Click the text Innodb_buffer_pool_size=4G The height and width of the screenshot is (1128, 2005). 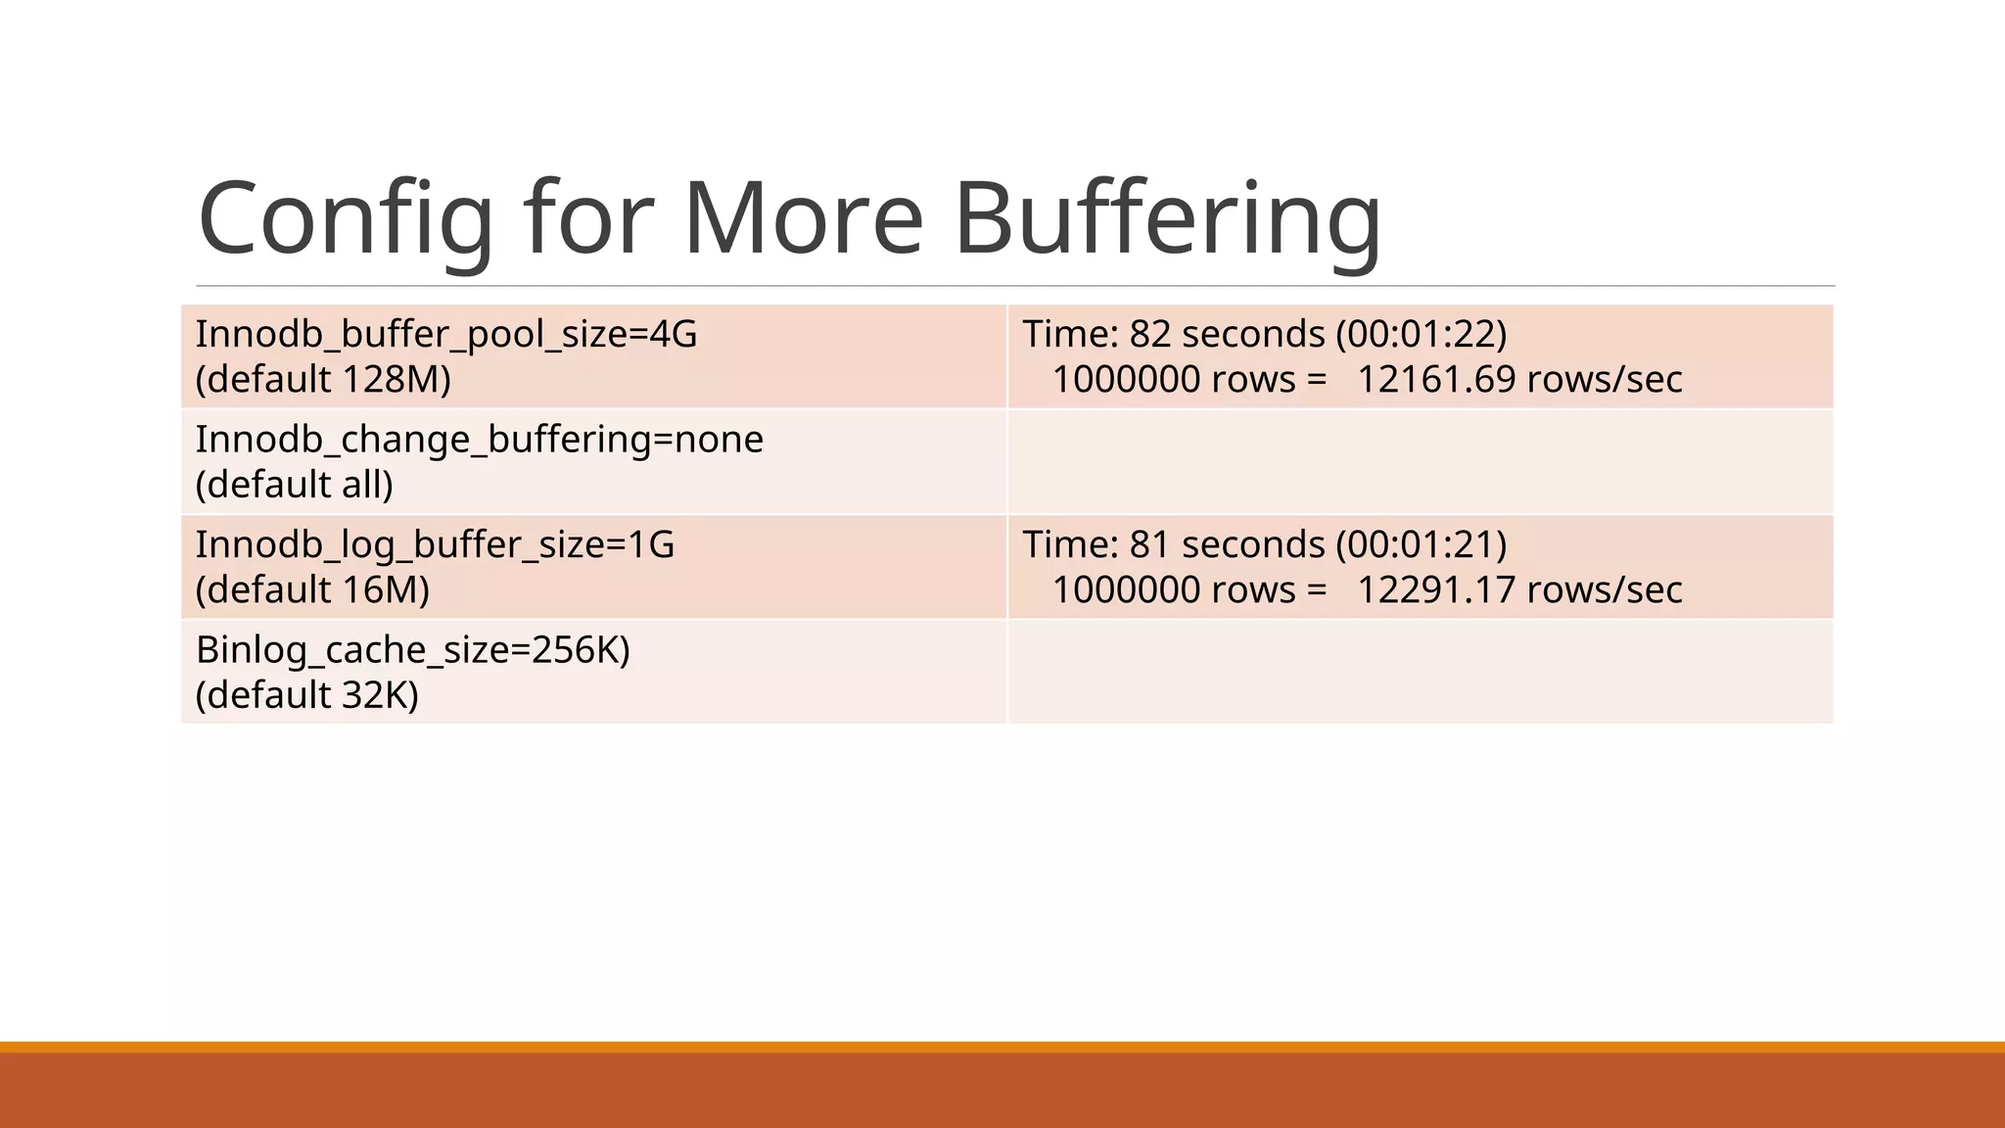[446, 335]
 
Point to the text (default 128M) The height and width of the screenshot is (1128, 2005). [323, 380]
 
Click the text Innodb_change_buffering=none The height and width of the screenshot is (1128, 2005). [479, 440]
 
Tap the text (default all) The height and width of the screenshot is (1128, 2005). [294, 485]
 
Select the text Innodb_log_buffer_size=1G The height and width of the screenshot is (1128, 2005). [435, 545]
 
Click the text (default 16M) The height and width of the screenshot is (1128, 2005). [312, 590]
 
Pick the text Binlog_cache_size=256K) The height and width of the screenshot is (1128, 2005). [412, 650]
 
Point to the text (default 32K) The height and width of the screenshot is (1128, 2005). [306, 695]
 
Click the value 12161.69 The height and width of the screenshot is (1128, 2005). [1436, 380]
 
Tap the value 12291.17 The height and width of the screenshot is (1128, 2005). [1436, 590]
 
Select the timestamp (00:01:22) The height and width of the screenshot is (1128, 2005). [1422, 335]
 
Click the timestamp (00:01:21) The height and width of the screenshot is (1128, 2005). [1422, 545]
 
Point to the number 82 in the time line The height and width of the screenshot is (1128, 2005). [1150, 335]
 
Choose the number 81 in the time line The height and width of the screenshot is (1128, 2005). [1150, 545]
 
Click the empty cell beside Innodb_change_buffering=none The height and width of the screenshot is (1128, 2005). [1420, 462]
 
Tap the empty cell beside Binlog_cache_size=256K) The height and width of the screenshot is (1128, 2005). [1420, 673]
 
